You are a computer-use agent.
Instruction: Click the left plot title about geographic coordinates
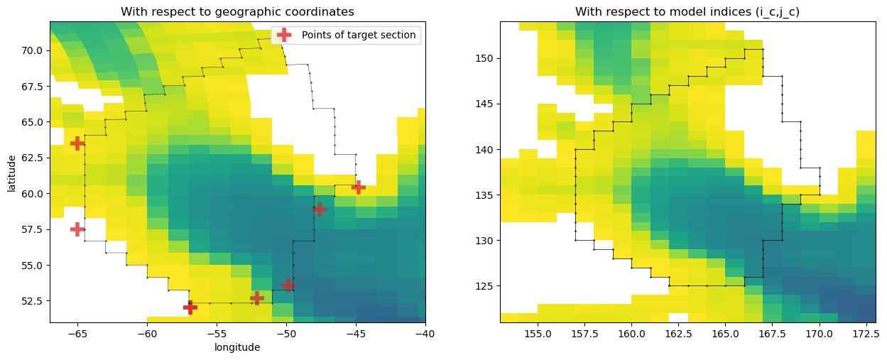tap(238, 12)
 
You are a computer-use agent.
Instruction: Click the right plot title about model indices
tap(687, 12)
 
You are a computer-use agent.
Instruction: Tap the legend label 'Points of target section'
tap(359, 35)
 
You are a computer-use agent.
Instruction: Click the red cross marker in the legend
tap(284, 35)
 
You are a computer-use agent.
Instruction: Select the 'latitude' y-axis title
tap(11, 173)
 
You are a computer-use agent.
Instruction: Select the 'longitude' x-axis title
tap(237, 347)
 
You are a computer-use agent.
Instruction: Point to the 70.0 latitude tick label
tap(32, 50)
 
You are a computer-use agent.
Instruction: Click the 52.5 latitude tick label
tap(32, 301)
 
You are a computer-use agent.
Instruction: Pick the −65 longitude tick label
tap(77, 334)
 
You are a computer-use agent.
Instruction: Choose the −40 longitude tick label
tap(425, 334)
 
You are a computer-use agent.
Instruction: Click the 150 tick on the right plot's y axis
tap(484, 59)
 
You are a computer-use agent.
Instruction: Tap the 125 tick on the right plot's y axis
tap(484, 286)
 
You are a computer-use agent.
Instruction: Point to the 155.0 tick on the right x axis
tap(538, 334)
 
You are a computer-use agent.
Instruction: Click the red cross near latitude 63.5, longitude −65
tap(77, 143)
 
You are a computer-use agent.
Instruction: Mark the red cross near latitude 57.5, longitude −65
tap(77, 229)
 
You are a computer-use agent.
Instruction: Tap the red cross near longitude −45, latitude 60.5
tap(359, 187)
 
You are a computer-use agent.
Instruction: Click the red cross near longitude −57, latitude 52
tap(190, 307)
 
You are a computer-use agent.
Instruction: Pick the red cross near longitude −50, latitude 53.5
tap(288, 285)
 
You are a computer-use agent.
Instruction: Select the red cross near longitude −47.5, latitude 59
tap(320, 209)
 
